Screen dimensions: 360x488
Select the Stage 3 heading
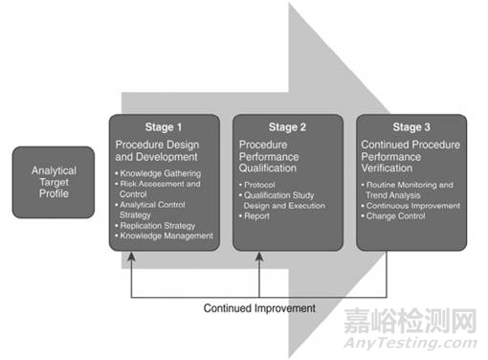(x=411, y=126)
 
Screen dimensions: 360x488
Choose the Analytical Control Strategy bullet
(x=158, y=208)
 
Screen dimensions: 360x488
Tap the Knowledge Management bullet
(x=166, y=236)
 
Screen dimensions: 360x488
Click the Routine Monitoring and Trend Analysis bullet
(x=413, y=188)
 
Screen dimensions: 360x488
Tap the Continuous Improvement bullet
(x=413, y=205)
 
